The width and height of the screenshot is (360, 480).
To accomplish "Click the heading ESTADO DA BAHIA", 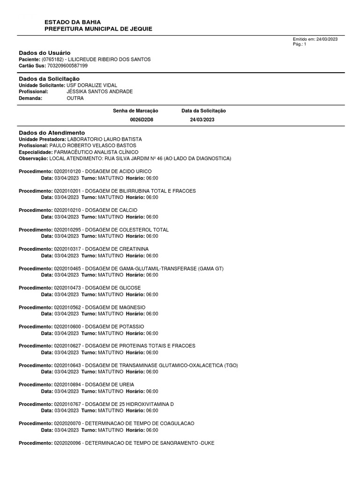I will click(x=72, y=22).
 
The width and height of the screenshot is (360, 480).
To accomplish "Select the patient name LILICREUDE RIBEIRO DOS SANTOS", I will click(x=109, y=60).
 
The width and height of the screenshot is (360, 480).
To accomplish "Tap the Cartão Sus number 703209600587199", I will click(x=67, y=66).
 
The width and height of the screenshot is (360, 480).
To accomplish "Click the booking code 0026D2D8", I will click(x=142, y=120).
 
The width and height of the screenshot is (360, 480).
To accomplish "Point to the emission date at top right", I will click(x=315, y=39).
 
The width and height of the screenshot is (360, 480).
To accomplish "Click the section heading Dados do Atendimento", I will click(x=52, y=133).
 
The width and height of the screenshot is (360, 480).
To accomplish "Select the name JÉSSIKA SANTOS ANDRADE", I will click(x=100, y=91).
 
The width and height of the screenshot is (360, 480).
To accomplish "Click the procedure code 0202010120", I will click(x=68, y=172).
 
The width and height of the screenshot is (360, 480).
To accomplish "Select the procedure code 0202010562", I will click(x=68, y=307).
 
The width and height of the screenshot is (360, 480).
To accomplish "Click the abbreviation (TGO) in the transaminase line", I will click(x=231, y=365).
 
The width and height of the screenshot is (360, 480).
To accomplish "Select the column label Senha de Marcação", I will click(x=135, y=111).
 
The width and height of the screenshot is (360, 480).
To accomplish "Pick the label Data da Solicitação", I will click(x=203, y=111).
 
